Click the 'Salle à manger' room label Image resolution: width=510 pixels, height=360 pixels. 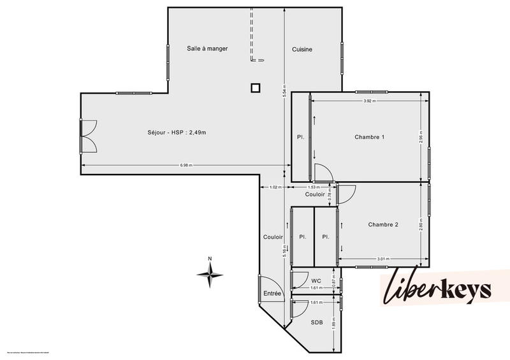(207, 48)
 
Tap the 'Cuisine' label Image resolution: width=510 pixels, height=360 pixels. (302, 50)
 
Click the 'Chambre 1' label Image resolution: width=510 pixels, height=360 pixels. (370, 137)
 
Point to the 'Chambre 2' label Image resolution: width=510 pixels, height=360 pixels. (383, 224)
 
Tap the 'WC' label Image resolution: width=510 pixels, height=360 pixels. (316, 280)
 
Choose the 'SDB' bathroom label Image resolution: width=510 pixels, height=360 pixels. (317, 322)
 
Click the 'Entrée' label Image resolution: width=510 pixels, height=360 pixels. (272, 293)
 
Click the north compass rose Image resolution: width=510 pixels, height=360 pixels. (210, 275)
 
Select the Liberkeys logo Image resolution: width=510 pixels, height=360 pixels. (437, 291)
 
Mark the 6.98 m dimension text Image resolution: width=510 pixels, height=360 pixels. (186, 165)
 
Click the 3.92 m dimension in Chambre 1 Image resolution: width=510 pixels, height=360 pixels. (368, 101)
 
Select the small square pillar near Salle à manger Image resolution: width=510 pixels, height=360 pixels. (256, 88)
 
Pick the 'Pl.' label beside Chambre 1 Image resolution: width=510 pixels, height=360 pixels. (300, 137)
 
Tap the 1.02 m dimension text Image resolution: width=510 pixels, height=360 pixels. (275, 187)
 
